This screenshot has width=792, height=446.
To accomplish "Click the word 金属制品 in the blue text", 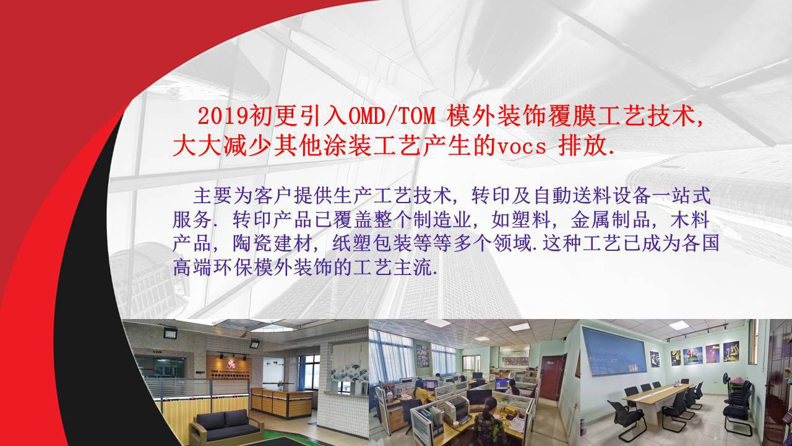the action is pyautogui.click(x=610, y=220).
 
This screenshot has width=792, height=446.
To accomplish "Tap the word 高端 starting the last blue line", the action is pyautogui.click(x=192, y=268).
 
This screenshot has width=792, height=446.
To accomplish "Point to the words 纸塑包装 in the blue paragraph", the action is pyautogui.click(x=372, y=243).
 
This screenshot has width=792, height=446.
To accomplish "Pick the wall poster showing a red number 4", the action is pyautogui.click(x=692, y=356).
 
